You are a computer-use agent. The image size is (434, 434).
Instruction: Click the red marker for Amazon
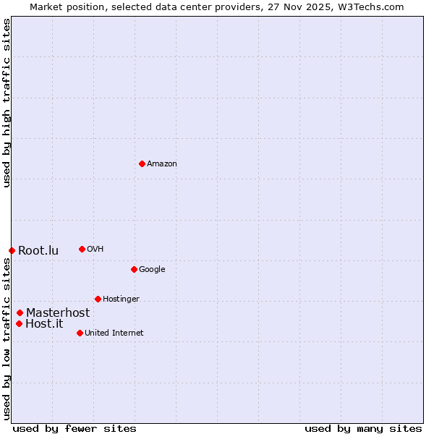coord(142,163)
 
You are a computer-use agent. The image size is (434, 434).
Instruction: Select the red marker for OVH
coord(82,249)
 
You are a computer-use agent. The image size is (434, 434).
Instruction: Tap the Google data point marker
coord(134,269)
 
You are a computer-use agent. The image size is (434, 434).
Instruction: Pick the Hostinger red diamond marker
coord(98,299)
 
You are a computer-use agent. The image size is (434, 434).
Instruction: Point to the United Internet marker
coord(80,333)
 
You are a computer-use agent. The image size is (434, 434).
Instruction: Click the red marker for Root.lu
coord(12,250)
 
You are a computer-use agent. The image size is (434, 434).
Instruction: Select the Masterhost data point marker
coord(20,312)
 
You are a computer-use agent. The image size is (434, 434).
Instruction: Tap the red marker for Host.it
coord(19,323)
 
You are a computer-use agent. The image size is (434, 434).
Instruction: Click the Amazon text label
coord(162,164)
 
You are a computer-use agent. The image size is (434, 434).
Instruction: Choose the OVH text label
coord(95,250)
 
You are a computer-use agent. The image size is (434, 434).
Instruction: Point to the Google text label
coord(152,270)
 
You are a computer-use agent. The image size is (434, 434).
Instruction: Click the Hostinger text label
coord(121,299)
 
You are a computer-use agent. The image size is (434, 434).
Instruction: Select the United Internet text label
coord(114,333)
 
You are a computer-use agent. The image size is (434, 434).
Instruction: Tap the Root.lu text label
coord(38,251)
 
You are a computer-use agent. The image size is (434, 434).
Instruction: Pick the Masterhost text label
coord(58,313)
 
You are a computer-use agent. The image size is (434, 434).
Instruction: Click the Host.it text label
coord(44,324)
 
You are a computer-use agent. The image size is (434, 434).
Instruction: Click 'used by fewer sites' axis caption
coord(75,428)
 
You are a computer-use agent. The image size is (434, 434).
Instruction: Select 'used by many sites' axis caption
coord(363,428)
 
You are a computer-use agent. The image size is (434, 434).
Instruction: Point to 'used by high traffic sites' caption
coord(7,103)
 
